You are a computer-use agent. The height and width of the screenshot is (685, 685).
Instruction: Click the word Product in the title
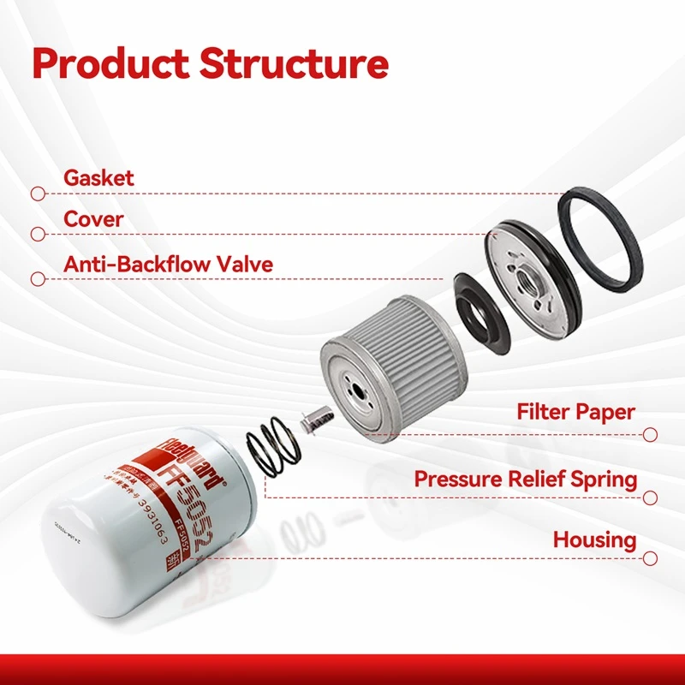coord(109,64)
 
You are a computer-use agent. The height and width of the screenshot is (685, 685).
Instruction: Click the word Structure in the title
coord(294,64)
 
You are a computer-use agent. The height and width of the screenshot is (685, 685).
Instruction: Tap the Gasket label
coord(98,178)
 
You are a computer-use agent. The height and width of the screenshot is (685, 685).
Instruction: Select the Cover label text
coord(93,219)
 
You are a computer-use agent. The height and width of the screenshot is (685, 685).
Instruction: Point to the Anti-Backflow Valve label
coord(168,264)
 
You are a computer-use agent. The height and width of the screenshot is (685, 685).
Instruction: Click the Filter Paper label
coord(575,412)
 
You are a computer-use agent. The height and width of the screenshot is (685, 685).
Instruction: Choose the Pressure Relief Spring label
coord(525,479)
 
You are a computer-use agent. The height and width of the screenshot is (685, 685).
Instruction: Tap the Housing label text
coord(594,540)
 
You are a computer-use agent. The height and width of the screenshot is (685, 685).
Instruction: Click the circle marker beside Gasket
coord(37,194)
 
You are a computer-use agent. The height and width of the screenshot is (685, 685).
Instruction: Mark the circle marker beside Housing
coord(650,557)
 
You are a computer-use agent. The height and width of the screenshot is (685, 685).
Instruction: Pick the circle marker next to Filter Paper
coord(650,435)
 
